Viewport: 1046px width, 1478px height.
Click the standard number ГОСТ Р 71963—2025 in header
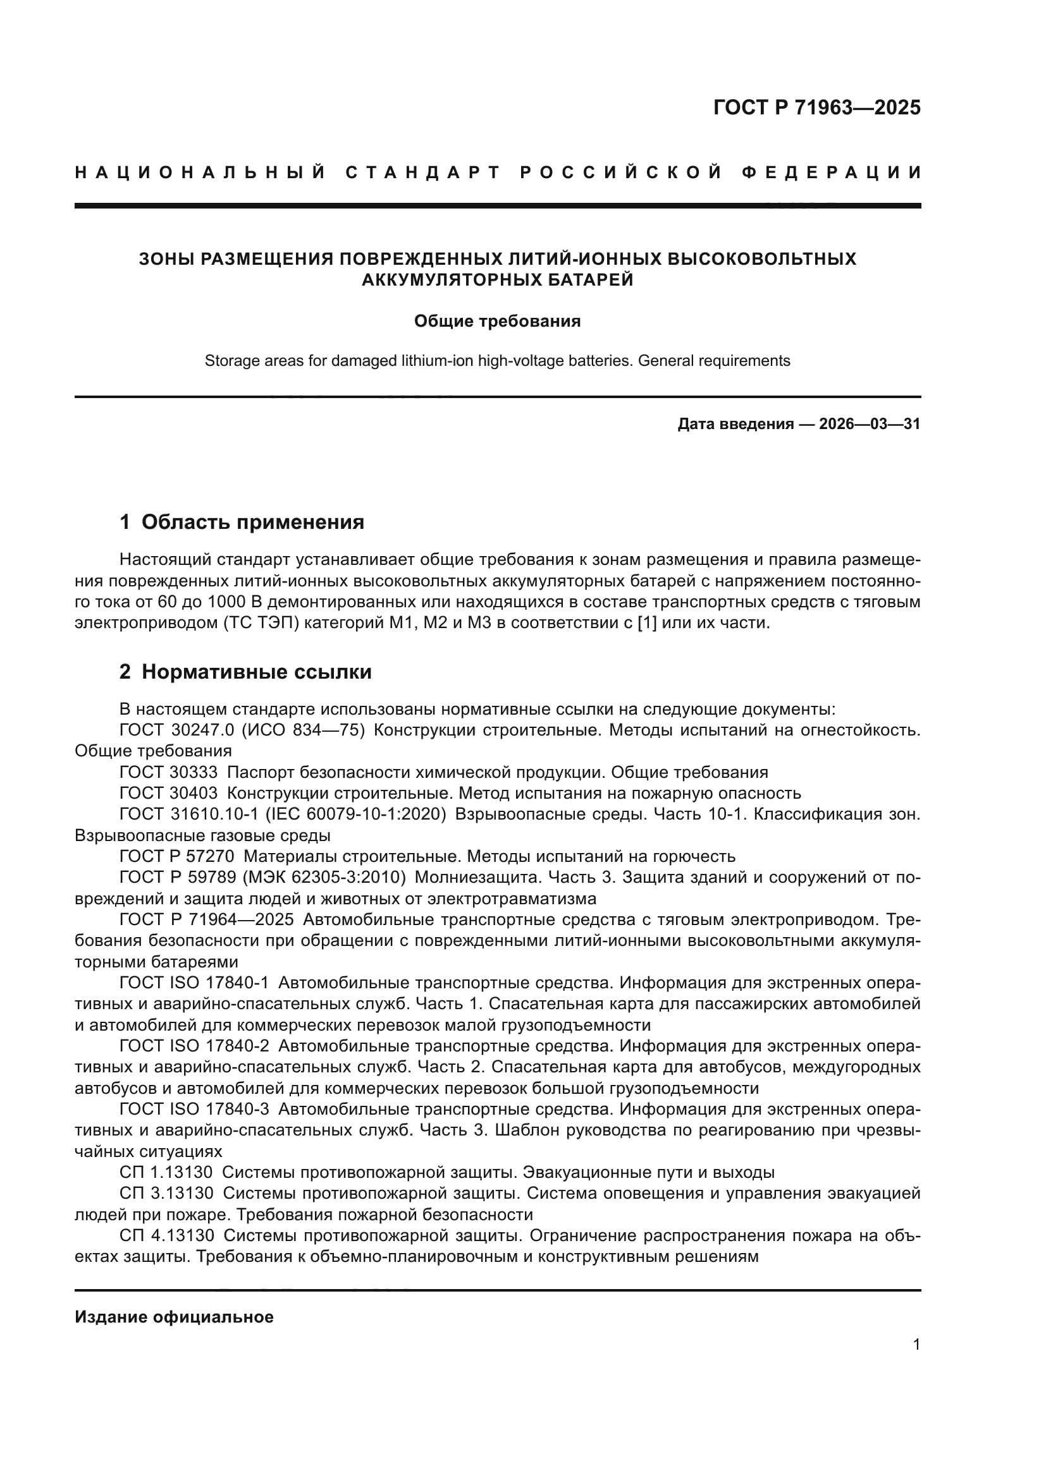816,107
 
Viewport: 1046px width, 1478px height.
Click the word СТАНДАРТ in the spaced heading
423,173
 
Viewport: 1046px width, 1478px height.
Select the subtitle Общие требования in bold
497,321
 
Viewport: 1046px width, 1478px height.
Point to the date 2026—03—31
870,424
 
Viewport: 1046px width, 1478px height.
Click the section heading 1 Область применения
242,521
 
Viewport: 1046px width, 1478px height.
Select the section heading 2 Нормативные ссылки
246,672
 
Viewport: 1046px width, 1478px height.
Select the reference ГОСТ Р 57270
177,857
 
